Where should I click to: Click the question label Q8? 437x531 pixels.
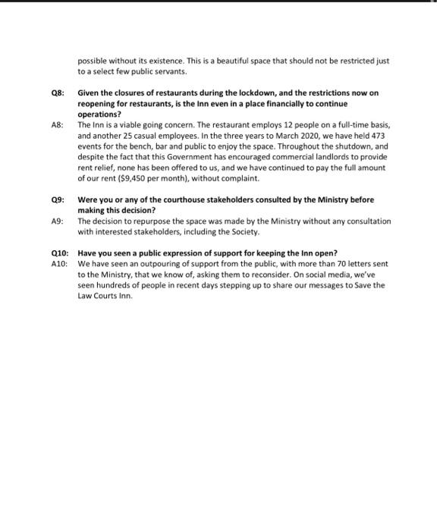click(x=55, y=93)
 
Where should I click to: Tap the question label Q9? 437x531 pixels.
click(x=55, y=200)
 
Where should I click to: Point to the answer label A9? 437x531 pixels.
click(x=55, y=221)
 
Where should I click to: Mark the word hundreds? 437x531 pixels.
click(x=112, y=285)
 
